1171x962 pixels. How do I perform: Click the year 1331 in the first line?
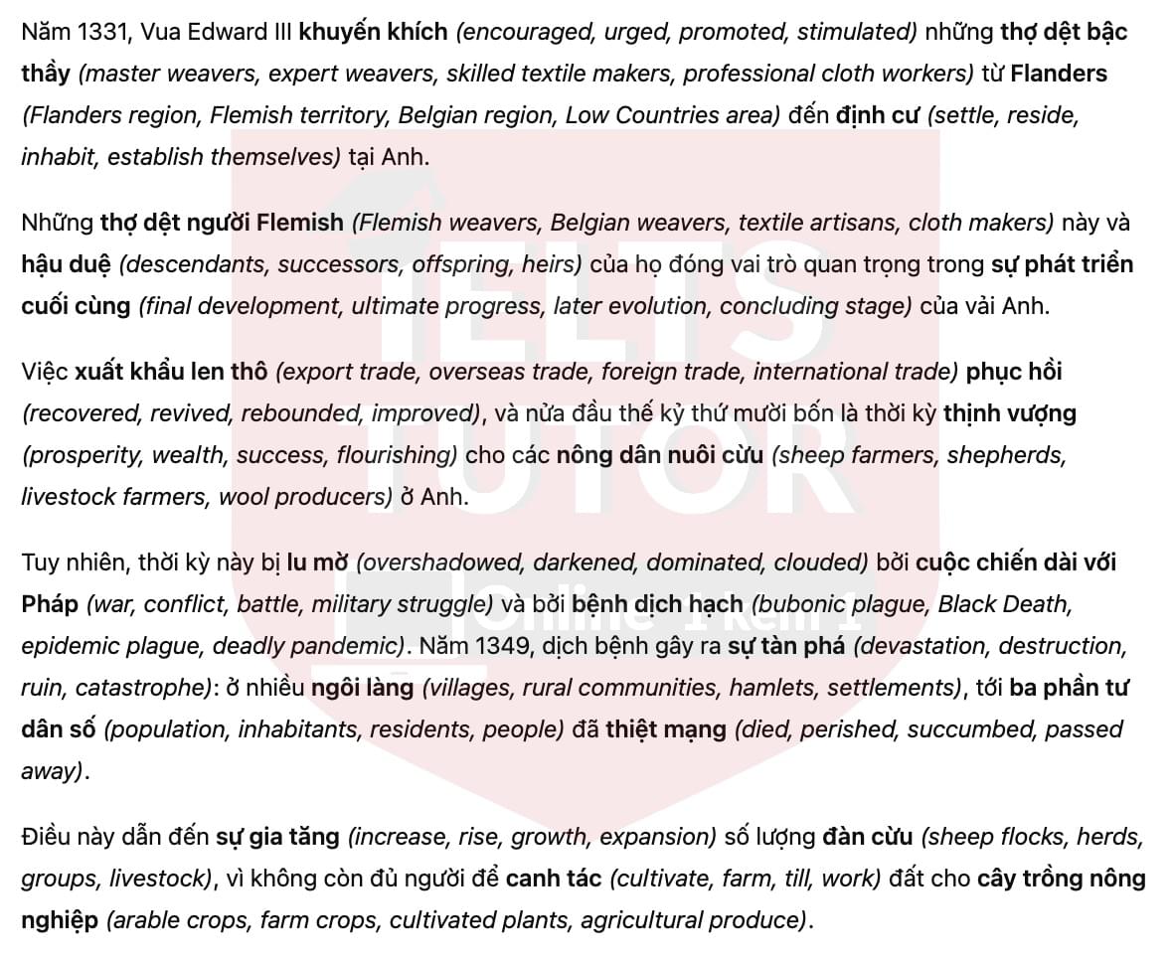click(102, 32)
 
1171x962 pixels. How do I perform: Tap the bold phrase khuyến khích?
click(373, 32)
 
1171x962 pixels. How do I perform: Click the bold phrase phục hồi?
click(1014, 372)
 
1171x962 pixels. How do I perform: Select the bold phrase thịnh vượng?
click(1010, 413)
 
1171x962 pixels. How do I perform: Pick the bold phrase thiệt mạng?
click(666, 729)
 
